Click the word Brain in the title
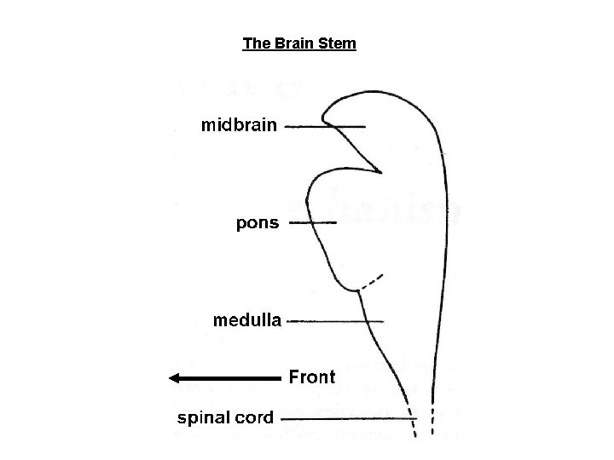[x=293, y=43]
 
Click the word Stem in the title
[x=338, y=43]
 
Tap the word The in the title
[x=255, y=43]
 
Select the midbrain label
[x=239, y=126]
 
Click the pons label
[x=257, y=223]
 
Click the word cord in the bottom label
[x=255, y=417]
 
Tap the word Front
[x=313, y=376]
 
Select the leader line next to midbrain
[x=324, y=127]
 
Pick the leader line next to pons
[x=313, y=223]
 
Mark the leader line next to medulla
[x=336, y=321]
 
